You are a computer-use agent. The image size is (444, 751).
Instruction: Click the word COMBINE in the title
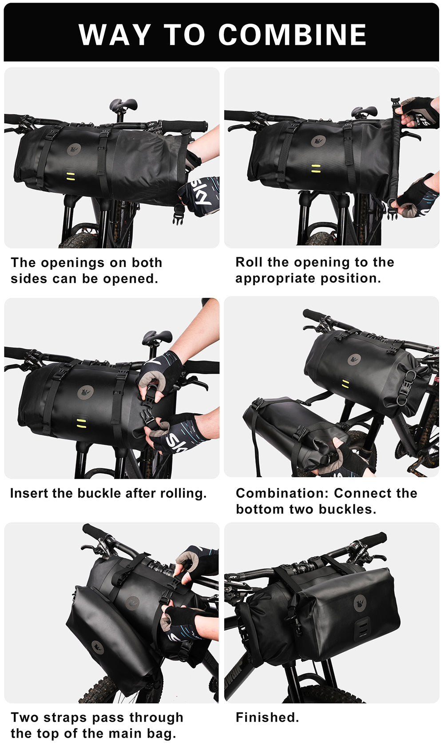pos(292,35)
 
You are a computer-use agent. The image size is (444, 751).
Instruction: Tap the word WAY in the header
pos(115,35)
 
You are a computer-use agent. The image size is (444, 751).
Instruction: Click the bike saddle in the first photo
pos(123,105)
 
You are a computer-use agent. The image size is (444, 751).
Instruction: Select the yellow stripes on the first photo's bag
pos(70,175)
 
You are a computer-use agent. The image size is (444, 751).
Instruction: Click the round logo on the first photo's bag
pos(74,149)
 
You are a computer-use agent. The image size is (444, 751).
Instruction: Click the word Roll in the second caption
pos(249,262)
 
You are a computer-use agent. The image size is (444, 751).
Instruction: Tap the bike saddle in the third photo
pos(157,336)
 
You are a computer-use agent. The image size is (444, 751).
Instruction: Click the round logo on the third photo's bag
pos(85,393)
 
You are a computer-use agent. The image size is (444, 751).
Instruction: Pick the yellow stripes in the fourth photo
pos(345,384)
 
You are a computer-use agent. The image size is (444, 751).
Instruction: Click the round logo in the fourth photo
pos(354,360)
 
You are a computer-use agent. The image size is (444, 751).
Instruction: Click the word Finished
pos(267,717)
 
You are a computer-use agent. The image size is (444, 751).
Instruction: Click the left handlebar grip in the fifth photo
pos(92,531)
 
